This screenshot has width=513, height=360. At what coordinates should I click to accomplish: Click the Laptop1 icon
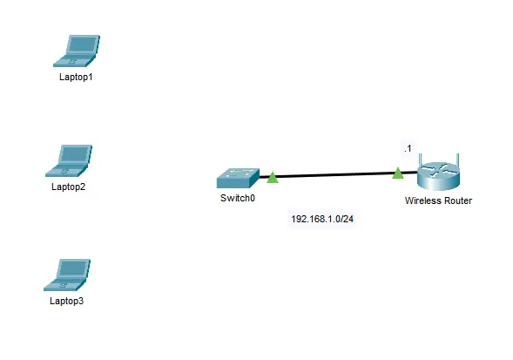[x=77, y=51]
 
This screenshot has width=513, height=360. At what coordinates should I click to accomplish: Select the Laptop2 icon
[x=69, y=161]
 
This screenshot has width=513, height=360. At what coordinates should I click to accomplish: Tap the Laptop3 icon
[x=67, y=275]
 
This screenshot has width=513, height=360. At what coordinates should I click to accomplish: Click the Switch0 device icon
[x=238, y=178]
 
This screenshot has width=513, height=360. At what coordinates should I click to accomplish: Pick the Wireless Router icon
[x=439, y=173]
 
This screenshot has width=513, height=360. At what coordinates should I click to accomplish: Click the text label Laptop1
[x=76, y=77]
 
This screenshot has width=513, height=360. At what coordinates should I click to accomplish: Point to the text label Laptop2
[x=69, y=187]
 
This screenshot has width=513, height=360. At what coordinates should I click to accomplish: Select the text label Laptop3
[x=67, y=301]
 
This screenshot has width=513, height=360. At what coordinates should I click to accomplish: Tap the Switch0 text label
[x=238, y=198]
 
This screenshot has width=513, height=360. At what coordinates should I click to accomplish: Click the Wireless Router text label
[x=438, y=200]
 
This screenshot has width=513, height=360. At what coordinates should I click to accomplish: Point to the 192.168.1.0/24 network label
[x=322, y=219]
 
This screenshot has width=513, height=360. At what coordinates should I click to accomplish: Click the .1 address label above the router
[x=408, y=148]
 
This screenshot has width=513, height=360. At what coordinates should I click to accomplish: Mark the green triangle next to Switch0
[x=273, y=178]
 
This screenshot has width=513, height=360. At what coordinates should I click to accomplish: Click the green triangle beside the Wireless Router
[x=398, y=173]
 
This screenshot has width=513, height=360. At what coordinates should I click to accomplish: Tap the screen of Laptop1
[x=83, y=44]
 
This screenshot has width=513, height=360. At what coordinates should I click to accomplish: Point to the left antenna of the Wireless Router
[x=420, y=161]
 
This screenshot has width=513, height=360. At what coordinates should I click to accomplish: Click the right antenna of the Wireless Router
[x=458, y=161]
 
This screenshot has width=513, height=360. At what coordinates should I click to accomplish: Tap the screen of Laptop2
[x=75, y=154]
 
